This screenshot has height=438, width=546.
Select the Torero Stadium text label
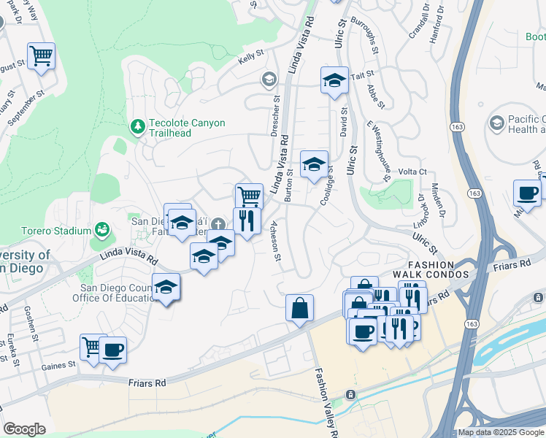click(46, 231)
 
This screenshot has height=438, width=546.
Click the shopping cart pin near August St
click(41, 55)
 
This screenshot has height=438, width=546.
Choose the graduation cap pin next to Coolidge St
click(314, 164)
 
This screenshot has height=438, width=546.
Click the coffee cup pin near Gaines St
click(112, 350)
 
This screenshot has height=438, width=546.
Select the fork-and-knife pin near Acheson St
click(247, 220)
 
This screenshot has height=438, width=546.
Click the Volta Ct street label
click(412, 172)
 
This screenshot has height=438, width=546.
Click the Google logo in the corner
click(24, 429)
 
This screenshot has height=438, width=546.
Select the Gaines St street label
click(59, 364)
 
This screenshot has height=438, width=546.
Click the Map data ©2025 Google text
click(501, 432)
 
